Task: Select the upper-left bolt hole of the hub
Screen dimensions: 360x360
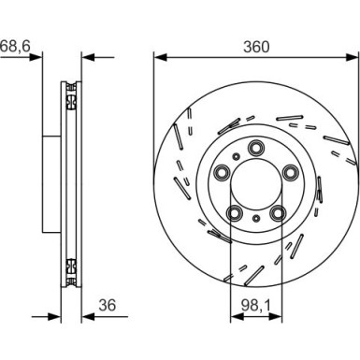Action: (x=222, y=170)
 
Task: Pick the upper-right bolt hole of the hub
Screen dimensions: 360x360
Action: (x=290, y=170)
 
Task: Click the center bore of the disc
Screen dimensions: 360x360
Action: (x=255, y=181)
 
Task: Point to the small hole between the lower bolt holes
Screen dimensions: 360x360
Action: (x=255, y=217)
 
